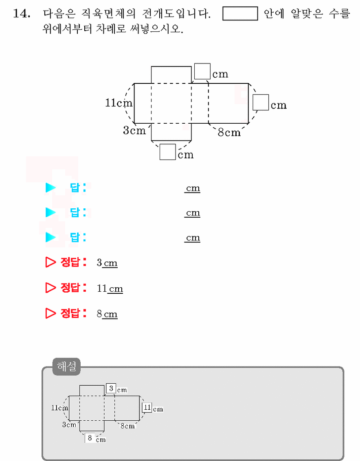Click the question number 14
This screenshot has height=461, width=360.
pos(22,13)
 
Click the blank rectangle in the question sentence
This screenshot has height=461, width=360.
pos(240,13)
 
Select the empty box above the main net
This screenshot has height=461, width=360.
pos(202,71)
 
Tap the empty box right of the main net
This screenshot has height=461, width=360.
pos(261,102)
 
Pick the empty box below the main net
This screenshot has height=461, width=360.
pos(168,152)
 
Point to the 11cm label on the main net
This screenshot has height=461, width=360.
pos(119,103)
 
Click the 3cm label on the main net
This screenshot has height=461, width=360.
pos(134,130)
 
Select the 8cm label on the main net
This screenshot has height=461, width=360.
pos(229,132)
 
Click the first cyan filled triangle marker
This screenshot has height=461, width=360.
pos(50,187)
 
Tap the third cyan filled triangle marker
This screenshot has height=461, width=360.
pos(50,237)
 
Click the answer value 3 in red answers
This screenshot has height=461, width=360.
pos(99,262)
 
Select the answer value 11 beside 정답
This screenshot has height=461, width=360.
pos(102,288)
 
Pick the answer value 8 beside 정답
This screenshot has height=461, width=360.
pos(99,314)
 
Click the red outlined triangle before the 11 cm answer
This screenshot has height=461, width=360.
pos(50,288)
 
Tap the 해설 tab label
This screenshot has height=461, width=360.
pos(66,366)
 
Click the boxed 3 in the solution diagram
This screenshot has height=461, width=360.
pos(111,389)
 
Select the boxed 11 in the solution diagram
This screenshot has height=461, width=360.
pos(147,407)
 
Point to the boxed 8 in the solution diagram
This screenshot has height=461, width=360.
pos(90,438)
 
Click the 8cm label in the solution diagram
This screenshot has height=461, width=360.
pos(128,426)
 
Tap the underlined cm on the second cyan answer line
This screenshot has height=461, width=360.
pos(193,213)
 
